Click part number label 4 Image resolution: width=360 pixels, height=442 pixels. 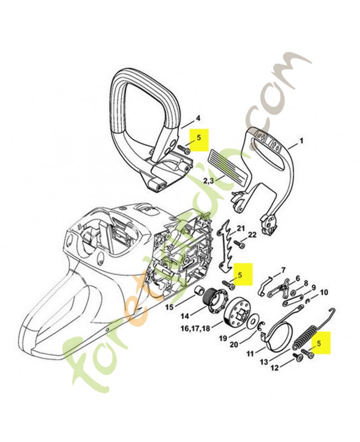point(198,118)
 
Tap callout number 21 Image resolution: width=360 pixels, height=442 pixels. point(241,228)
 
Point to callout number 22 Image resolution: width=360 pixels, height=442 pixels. point(252,235)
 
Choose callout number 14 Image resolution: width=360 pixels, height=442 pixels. point(185,317)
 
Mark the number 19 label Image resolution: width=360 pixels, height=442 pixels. point(222,338)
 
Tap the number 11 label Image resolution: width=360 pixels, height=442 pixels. point(250,352)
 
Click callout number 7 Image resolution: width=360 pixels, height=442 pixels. point(283,270)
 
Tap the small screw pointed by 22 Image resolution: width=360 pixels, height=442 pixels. point(241,244)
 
